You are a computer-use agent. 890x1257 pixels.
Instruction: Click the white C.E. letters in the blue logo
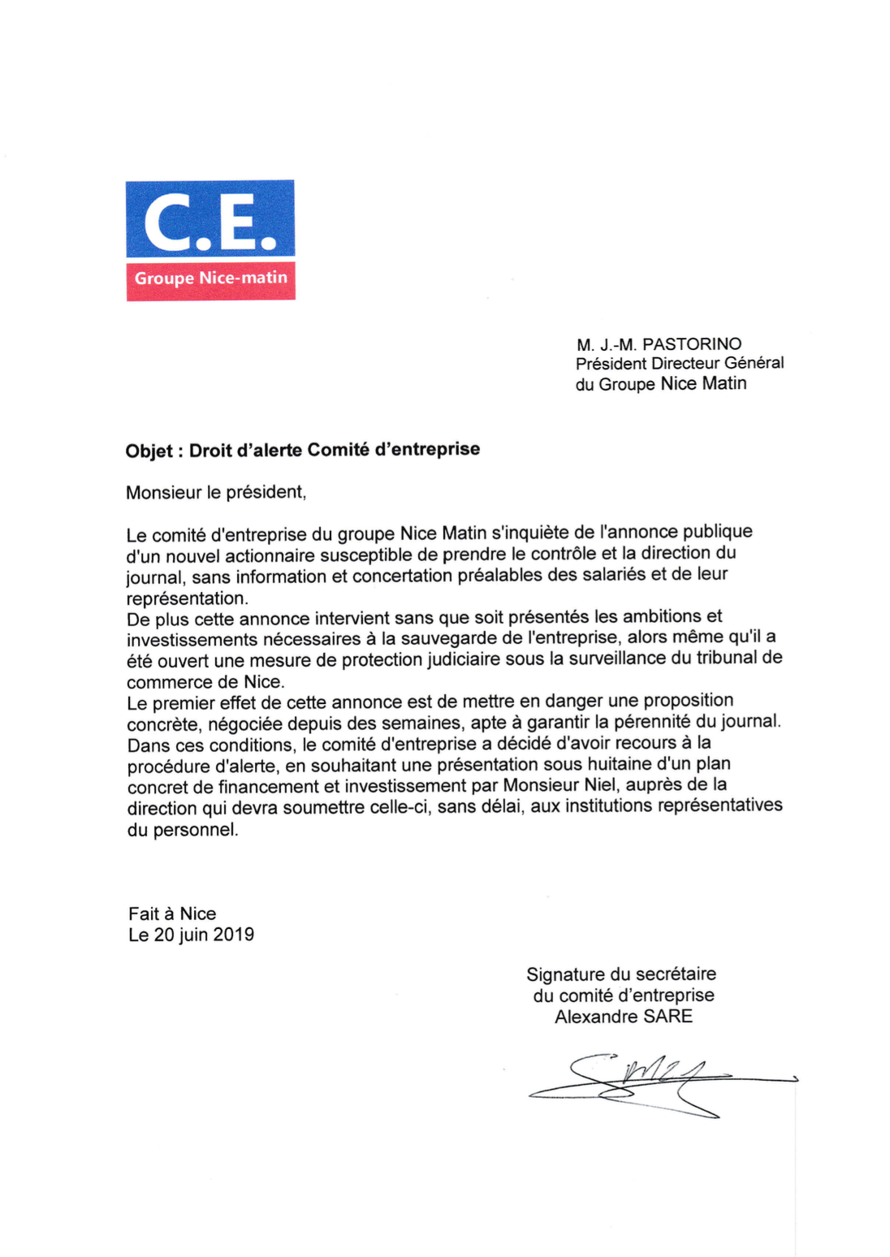210,222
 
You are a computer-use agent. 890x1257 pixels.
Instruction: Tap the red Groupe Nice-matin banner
210,279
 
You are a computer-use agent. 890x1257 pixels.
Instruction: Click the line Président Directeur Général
680,364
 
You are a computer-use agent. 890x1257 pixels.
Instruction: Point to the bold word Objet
149,451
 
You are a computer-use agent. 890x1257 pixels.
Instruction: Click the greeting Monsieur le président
216,493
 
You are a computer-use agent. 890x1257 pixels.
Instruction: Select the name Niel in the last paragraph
600,785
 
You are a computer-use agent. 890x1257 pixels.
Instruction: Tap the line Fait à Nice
172,914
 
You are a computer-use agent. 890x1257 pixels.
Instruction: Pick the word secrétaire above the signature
676,974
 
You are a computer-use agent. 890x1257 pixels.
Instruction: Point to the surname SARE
668,1017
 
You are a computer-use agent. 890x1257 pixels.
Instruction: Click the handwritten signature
650,1084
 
